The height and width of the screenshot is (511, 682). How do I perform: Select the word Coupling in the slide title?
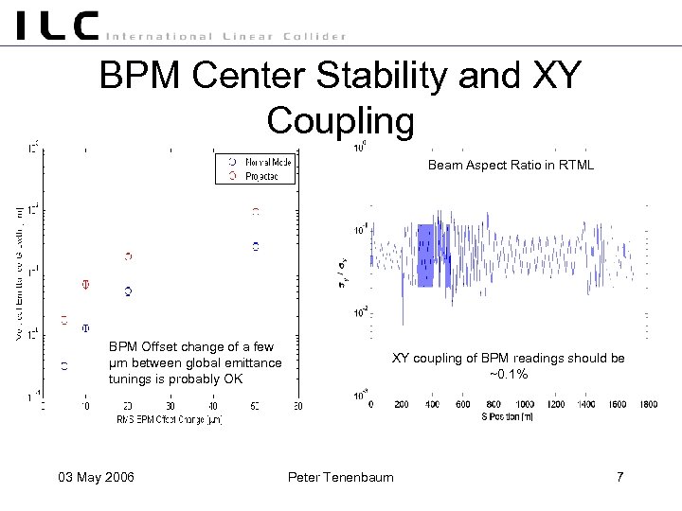[x=340, y=120]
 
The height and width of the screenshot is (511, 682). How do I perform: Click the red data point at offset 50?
[x=255, y=212]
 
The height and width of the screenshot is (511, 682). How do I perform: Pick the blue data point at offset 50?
[x=255, y=246]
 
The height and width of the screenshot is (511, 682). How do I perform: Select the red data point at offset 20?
[x=128, y=256]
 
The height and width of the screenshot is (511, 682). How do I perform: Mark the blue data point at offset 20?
[x=128, y=291]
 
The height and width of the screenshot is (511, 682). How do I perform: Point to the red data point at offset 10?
[x=85, y=284]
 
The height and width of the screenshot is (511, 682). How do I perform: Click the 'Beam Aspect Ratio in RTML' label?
[x=511, y=166]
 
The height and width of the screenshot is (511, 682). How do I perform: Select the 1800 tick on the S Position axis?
[x=647, y=404]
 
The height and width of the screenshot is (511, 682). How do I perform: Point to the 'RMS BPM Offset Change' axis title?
[x=169, y=419]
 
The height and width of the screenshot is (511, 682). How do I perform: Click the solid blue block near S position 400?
[x=424, y=255]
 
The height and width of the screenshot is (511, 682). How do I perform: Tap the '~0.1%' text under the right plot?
[x=509, y=374]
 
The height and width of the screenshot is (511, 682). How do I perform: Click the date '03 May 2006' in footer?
[x=94, y=476]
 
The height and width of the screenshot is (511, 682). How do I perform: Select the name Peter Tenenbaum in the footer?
[x=340, y=476]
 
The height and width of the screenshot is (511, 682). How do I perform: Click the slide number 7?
[x=619, y=476]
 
